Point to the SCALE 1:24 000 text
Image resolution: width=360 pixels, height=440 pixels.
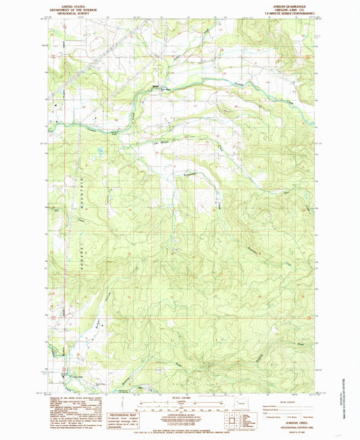[x=180, y=397]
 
